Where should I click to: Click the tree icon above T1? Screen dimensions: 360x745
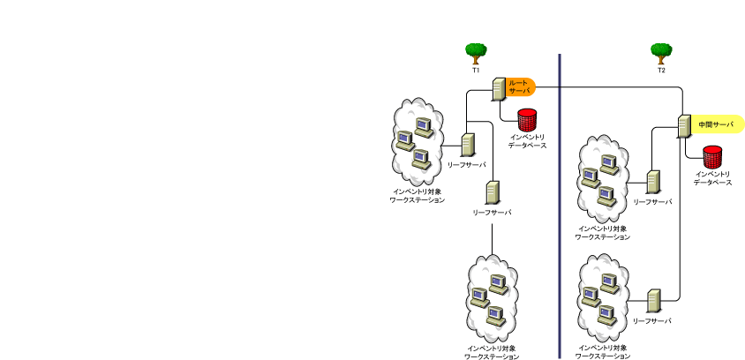click(477, 53)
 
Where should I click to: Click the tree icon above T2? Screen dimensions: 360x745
click(660, 53)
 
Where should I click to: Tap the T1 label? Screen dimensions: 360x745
click(476, 69)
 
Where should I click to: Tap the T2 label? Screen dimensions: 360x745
click(660, 70)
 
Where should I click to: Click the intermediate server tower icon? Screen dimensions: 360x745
click(685, 127)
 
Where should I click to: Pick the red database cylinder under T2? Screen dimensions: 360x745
click(712, 157)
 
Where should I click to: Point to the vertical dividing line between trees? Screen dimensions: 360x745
click(560, 203)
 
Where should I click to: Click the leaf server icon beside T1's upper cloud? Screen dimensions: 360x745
click(468, 145)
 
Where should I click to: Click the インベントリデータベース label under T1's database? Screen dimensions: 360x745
click(527, 141)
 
